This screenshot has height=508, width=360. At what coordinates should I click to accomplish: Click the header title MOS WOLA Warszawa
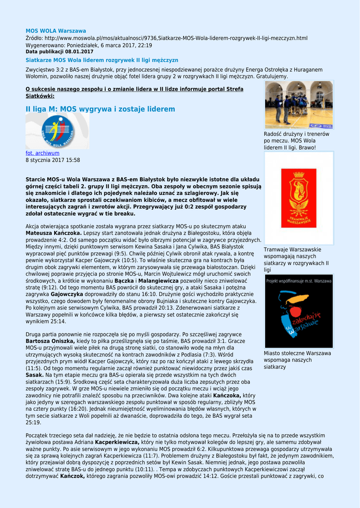click(x=56, y=31)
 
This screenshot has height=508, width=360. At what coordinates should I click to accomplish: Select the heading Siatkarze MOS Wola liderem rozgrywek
click(x=102, y=60)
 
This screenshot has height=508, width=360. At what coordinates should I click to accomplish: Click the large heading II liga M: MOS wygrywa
click(x=100, y=109)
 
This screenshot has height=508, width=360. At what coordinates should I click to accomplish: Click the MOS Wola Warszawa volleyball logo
click(x=57, y=131)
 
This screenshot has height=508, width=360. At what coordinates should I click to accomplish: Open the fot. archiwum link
click(x=42, y=153)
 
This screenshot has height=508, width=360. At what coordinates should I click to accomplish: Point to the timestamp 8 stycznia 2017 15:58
click(x=53, y=160)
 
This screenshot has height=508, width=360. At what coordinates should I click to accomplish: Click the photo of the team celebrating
click(x=298, y=105)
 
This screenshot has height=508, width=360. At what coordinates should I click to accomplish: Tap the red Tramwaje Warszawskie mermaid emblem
click(x=298, y=197)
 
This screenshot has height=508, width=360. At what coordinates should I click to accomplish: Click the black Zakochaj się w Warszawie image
click(x=298, y=311)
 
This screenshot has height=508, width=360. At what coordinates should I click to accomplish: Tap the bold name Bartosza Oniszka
click(x=50, y=341)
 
